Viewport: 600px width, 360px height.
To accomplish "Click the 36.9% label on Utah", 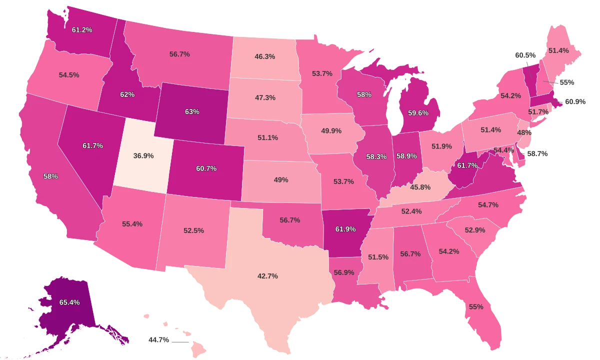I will (x=143, y=155).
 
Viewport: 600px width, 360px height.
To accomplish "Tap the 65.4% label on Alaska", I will (x=69, y=302).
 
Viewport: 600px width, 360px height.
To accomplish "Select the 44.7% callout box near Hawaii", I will (x=159, y=340).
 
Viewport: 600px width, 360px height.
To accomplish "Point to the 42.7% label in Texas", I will (x=267, y=276).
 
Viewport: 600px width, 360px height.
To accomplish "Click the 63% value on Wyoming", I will (x=192, y=111).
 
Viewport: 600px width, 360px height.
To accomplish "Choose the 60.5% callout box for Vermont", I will (x=525, y=55).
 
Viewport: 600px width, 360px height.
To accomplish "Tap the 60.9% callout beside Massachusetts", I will (x=575, y=101).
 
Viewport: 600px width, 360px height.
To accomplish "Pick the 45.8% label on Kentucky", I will (x=420, y=187).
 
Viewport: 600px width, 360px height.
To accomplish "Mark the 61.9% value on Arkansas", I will (x=346, y=229).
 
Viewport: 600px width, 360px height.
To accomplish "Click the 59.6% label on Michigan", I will (x=418, y=113).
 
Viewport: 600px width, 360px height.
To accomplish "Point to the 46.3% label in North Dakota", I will (x=264, y=56).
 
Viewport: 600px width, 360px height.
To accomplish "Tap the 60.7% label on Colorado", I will (x=206, y=168).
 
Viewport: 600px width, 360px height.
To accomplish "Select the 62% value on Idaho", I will (x=127, y=94).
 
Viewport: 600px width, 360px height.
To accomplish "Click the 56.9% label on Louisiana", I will (x=343, y=272).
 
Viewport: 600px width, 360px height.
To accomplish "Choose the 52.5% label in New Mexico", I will (x=193, y=230).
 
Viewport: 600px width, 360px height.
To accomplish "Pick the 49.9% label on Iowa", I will (x=331, y=131).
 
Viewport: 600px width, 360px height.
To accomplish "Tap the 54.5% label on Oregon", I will (x=69, y=74).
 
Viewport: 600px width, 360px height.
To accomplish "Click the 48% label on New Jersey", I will (x=524, y=132).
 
